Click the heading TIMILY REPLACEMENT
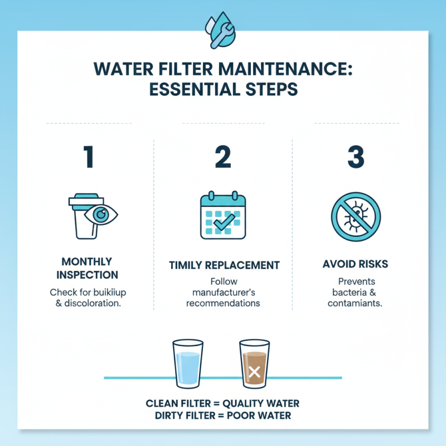(223, 266)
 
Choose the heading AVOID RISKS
(356, 263)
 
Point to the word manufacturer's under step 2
(223, 293)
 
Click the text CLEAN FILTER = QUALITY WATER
(223, 404)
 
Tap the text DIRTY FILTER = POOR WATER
(223, 416)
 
